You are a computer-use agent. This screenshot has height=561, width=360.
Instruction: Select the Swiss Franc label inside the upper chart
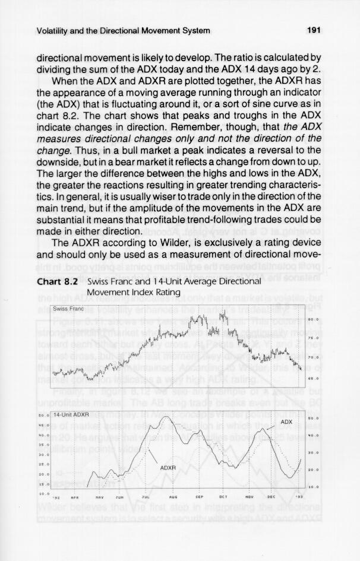[67, 308]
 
